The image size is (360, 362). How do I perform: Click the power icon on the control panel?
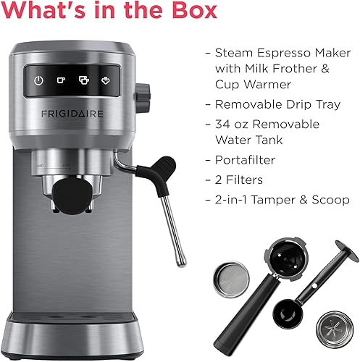[x=39, y=81]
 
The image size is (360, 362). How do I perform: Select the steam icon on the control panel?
[x=105, y=81]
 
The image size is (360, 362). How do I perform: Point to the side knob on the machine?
[x=143, y=93]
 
